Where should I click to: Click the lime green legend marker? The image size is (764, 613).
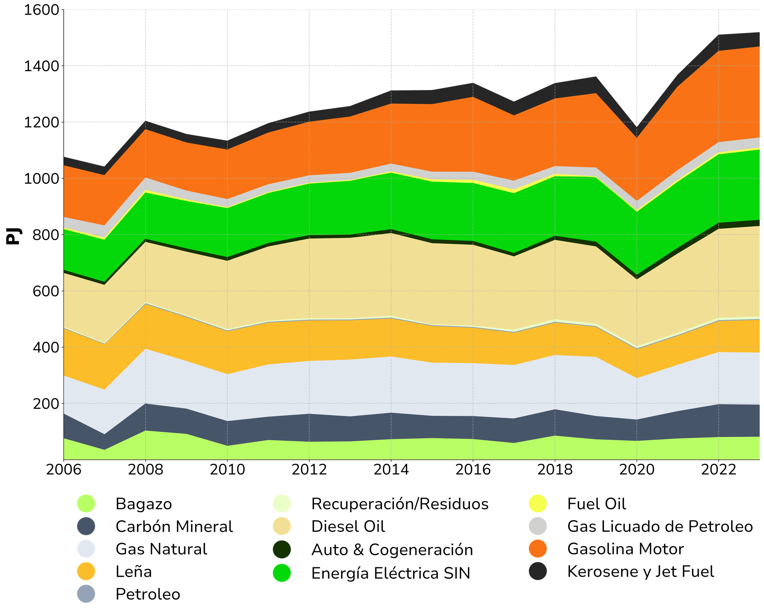click(x=86, y=504)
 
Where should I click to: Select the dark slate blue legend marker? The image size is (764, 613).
click(x=86, y=526)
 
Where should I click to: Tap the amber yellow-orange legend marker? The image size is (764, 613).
click(x=86, y=571)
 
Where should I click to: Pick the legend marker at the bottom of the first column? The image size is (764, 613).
click(x=86, y=594)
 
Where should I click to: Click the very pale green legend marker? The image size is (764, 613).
click(x=281, y=504)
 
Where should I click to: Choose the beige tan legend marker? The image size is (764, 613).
click(x=281, y=526)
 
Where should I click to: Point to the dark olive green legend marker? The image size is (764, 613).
click(x=281, y=549)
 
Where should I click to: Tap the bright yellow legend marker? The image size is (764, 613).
click(x=538, y=504)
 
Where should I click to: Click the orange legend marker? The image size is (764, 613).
click(x=538, y=549)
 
